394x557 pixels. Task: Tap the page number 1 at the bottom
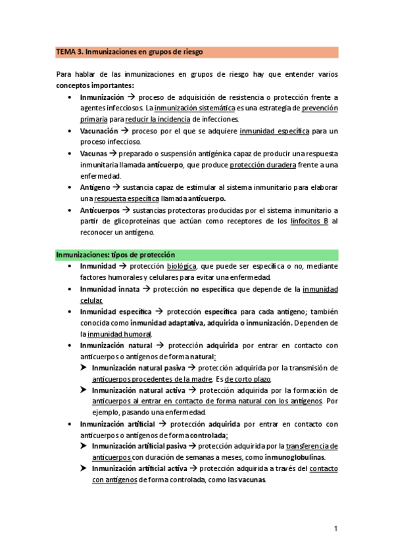click(x=335, y=528)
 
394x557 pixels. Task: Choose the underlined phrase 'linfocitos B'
click(x=309, y=221)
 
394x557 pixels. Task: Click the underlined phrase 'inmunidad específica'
click(x=274, y=131)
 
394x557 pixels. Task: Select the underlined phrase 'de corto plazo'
click(x=248, y=379)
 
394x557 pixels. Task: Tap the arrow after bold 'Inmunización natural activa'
click(x=190, y=390)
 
